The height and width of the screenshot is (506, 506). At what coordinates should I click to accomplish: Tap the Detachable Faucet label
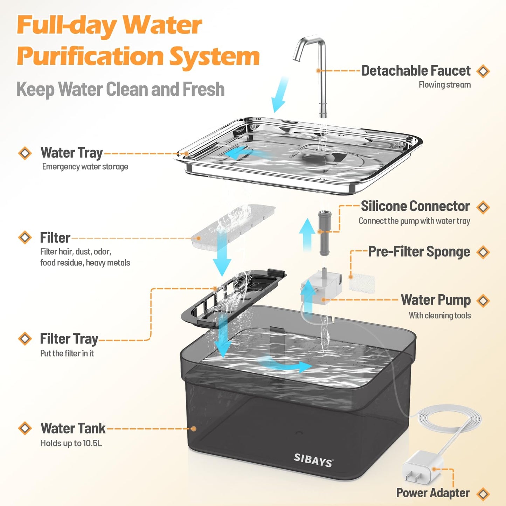(416, 71)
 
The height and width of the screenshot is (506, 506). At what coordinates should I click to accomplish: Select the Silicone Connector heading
(415, 206)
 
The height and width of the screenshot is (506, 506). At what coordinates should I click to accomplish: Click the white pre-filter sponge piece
(362, 283)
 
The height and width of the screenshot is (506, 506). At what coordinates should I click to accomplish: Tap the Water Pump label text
(436, 300)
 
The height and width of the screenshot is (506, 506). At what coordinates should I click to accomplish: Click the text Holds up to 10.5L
(71, 443)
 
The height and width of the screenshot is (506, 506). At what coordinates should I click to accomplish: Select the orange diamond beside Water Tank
(25, 428)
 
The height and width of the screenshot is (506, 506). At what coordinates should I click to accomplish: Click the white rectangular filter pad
(233, 228)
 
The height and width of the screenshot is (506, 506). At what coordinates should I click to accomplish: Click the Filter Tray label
(69, 339)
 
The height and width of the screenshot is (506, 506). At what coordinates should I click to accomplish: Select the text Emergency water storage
(85, 167)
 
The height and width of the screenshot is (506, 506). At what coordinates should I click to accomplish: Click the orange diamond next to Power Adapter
(484, 494)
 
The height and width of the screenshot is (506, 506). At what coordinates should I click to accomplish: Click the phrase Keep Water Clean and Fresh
(120, 89)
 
